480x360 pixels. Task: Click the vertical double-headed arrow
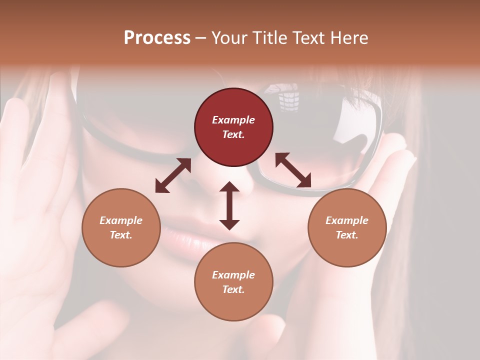point(229,205)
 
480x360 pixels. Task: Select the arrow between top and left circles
point(173,175)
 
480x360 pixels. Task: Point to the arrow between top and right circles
point(293,170)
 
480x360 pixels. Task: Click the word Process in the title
point(157,38)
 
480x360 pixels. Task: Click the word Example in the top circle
point(233,120)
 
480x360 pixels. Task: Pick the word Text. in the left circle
point(121,235)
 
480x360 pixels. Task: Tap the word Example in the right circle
point(347,220)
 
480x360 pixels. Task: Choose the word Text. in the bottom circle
point(233,289)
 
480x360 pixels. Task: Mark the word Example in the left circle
point(121,220)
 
